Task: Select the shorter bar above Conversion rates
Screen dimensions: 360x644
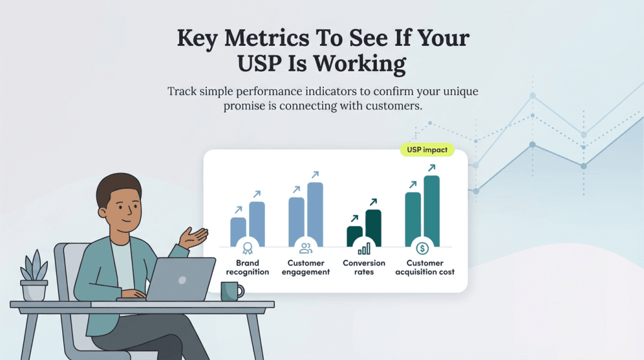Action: [x=355, y=235]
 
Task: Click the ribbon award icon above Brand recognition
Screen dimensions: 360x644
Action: [x=247, y=248]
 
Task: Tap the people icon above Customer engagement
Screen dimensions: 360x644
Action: [x=306, y=248]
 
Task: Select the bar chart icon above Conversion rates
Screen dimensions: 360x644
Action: [x=364, y=248]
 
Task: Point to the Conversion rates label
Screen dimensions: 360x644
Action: [x=364, y=267]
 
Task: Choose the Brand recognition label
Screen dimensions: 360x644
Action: [x=247, y=267]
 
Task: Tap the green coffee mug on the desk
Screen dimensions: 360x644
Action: [x=231, y=291]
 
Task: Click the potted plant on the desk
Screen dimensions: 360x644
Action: [x=34, y=277]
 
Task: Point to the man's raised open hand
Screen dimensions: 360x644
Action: [x=194, y=237]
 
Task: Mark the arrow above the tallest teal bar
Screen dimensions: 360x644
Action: [x=431, y=168]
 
